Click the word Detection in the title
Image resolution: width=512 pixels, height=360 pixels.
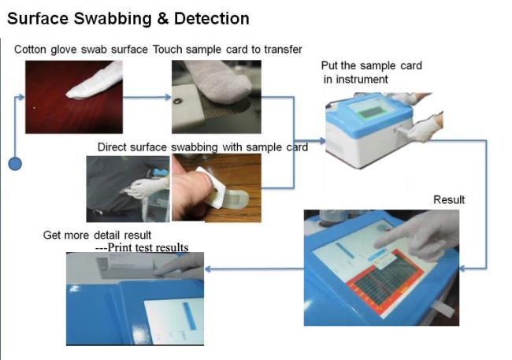point(212,18)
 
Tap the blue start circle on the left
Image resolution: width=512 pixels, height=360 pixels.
point(15,163)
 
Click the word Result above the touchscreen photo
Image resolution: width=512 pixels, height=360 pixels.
point(449,199)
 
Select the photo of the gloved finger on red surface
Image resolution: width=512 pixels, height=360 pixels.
point(74,97)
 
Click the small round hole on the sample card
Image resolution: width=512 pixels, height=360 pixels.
point(177,101)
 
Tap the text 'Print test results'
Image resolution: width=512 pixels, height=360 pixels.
point(147,247)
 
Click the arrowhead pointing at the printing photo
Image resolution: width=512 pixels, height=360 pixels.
point(208,269)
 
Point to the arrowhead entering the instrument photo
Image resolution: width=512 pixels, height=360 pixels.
point(322,141)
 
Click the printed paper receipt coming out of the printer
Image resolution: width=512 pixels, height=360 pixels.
point(126,267)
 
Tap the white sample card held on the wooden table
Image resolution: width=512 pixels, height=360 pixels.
point(212,187)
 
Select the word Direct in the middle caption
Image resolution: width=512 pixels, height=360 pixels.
point(112,147)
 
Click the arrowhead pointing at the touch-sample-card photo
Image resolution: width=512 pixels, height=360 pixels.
point(168,97)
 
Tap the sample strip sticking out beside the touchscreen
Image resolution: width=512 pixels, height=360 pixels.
point(443,308)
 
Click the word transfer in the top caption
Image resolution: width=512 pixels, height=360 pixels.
point(283,50)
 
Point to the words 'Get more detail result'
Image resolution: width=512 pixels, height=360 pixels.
point(97,235)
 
